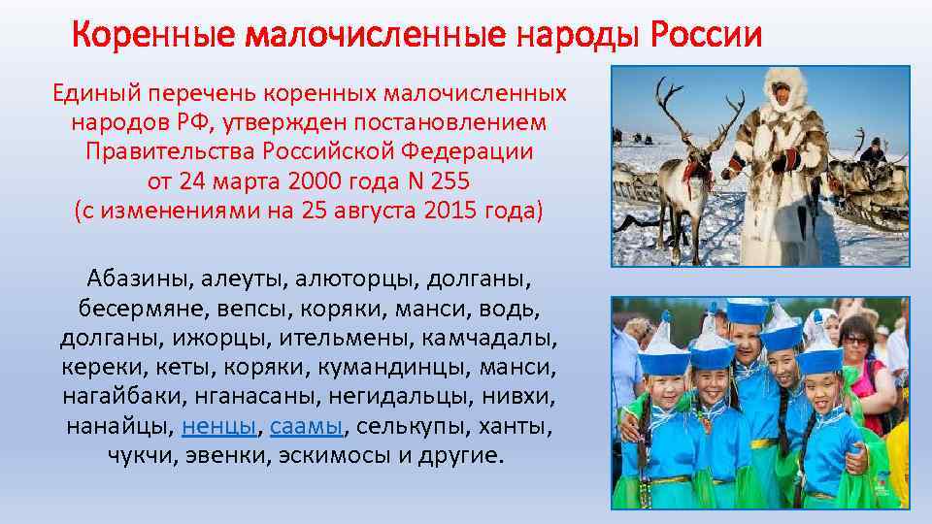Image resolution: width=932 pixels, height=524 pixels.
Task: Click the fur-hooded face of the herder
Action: [781, 95]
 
